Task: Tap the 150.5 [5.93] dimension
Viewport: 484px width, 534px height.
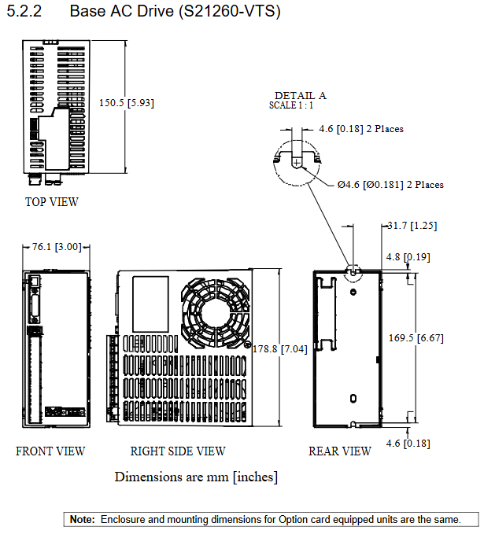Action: [x=126, y=102]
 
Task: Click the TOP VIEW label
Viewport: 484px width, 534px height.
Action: [x=52, y=202]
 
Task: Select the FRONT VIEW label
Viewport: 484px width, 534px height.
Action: [x=50, y=451]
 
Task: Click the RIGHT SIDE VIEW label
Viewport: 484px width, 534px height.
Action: [x=178, y=451]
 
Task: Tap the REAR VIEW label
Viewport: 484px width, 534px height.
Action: [x=339, y=451]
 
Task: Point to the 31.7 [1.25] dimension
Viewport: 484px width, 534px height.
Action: [x=412, y=226]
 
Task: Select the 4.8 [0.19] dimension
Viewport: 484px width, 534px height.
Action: [x=408, y=256]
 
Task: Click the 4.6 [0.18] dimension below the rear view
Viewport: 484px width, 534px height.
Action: [x=408, y=444]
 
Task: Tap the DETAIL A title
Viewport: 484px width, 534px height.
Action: [x=300, y=95]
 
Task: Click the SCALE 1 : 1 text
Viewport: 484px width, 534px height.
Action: [x=291, y=105]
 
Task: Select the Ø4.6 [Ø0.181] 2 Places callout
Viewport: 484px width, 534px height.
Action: [x=390, y=185]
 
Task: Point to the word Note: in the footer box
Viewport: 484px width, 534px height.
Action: [x=82, y=519]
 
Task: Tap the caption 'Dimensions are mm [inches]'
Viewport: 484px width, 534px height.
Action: [x=196, y=477]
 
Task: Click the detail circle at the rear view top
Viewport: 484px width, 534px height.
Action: [x=353, y=271]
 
